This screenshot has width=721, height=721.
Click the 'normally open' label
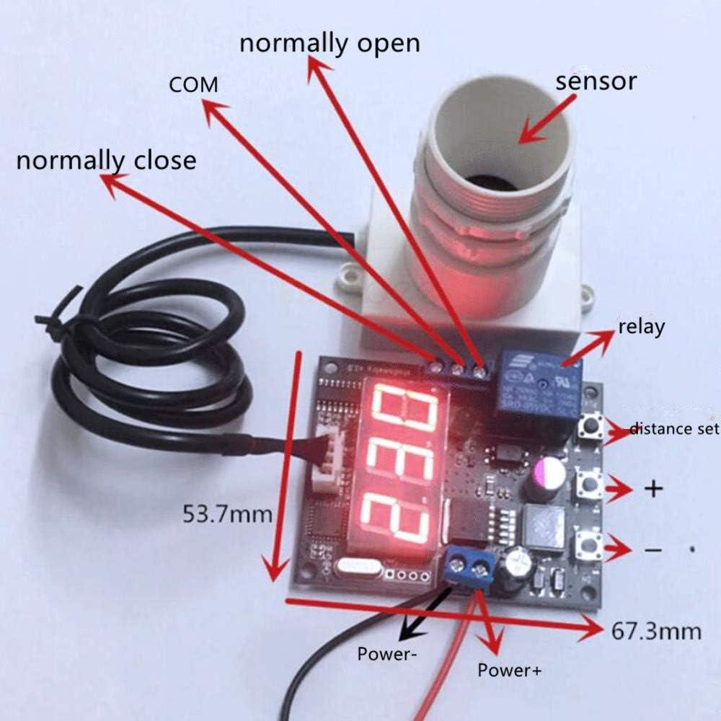click(329, 43)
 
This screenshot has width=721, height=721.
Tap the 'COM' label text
click(193, 85)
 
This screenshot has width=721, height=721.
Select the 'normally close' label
click(106, 159)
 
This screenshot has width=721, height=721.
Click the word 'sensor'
click(596, 81)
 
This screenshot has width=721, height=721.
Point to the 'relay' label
click(641, 327)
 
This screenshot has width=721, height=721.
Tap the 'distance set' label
click(675, 430)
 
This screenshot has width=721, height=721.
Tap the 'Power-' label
click(386, 655)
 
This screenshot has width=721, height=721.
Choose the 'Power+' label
click(509, 670)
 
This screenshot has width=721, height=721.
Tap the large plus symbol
click(653, 489)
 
